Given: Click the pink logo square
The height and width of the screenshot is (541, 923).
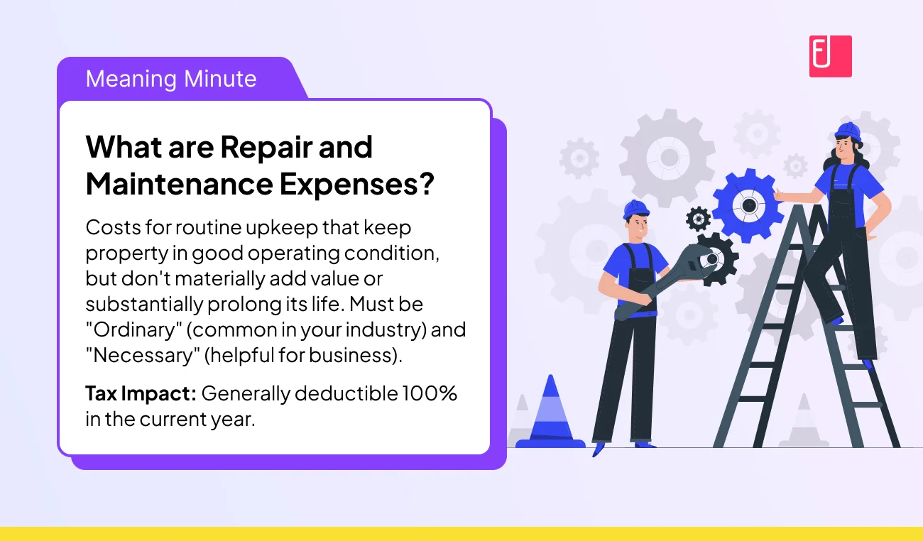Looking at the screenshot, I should (830, 56).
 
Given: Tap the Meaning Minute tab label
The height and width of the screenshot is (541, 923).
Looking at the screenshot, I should (171, 78).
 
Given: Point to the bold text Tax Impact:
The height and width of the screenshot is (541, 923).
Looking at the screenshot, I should (141, 393).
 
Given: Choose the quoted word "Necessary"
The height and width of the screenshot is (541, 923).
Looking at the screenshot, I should (140, 354).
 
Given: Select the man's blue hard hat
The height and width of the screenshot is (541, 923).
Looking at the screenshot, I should (635, 209).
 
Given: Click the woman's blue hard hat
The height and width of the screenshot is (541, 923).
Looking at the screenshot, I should (847, 131).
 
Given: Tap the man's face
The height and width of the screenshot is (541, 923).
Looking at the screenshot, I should (638, 226).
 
